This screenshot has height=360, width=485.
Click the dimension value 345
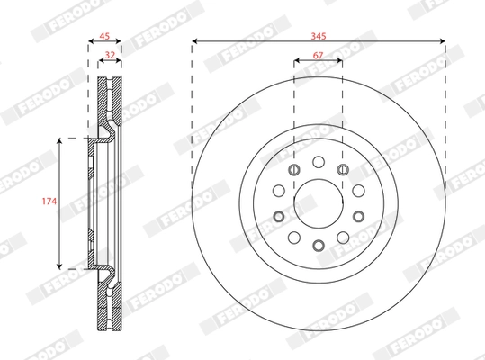[x=319, y=36]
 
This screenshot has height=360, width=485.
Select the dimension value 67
[x=318, y=56]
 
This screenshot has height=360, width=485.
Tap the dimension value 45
[x=104, y=36]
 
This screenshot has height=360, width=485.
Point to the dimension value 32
[x=110, y=55]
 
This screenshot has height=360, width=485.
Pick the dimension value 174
[x=49, y=202]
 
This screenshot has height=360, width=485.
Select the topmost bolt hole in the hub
[x=319, y=162]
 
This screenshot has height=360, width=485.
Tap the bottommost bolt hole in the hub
[x=319, y=246]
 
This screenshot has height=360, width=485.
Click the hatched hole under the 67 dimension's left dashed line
[x=294, y=169]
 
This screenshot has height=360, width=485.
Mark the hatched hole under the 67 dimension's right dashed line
[x=343, y=169]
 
